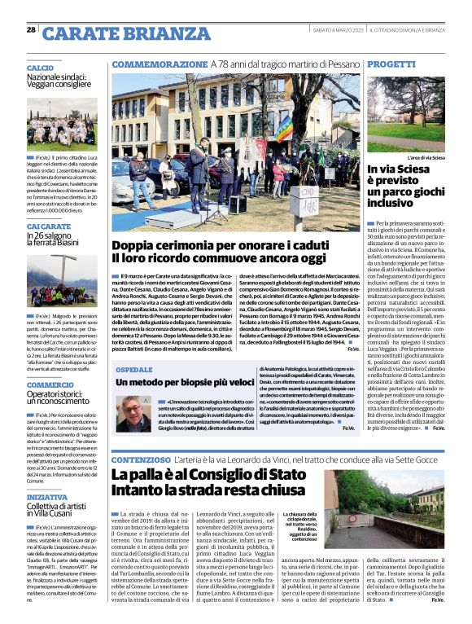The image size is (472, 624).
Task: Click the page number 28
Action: [31, 29]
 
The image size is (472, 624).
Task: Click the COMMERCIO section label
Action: [50, 385]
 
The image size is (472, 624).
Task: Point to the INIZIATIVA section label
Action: [47, 496]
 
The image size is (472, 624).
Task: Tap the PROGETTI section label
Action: [391, 64]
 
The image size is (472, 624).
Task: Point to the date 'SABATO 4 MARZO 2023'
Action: [338, 30]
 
